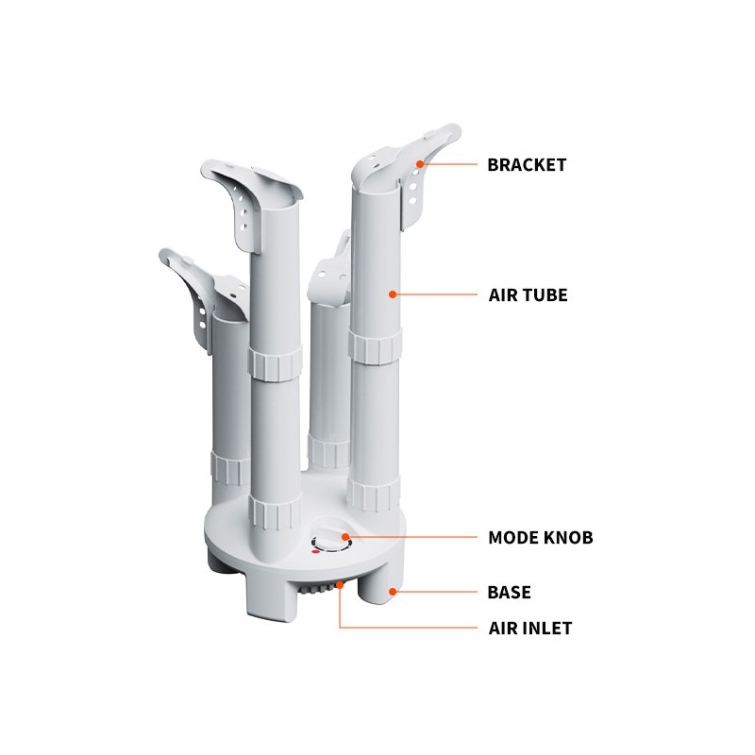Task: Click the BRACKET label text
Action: [527, 164]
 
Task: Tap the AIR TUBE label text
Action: [528, 295]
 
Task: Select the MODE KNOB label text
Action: [540, 537]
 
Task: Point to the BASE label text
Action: [509, 593]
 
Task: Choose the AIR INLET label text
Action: [530, 629]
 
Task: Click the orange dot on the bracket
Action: [420, 164]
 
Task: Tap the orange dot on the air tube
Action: [393, 294]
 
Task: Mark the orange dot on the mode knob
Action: [345, 537]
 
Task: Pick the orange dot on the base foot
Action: [393, 592]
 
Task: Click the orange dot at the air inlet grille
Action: [340, 585]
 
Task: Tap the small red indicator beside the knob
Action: [315, 552]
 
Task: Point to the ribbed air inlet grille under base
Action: [317, 588]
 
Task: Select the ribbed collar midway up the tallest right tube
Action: [375, 346]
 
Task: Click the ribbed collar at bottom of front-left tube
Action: [275, 512]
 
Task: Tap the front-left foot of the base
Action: [272, 596]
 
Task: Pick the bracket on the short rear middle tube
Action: [329, 275]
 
